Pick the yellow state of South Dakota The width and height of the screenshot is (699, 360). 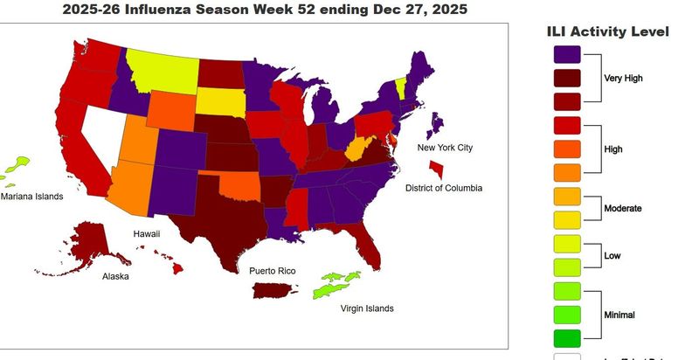pyautogui.click(x=220, y=100)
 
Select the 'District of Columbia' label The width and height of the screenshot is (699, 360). pyautogui.click(x=443, y=188)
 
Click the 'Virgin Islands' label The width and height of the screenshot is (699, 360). pyautogui.click(x=367, y=308)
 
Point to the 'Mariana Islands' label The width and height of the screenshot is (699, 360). pyautogui.click(x=31, y=197)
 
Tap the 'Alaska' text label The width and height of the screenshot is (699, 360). pyautogui.click(x=116, y=276)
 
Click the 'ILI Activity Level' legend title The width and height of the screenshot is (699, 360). pyautogui.click(x=607, y=31)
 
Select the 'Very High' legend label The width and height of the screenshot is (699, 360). pyautogui.click(x=623, y=78)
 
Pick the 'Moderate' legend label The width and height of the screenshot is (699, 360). pyautogui.click(x=623, y=208)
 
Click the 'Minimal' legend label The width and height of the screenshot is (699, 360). pyautogui.click(x=621, y=314)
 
